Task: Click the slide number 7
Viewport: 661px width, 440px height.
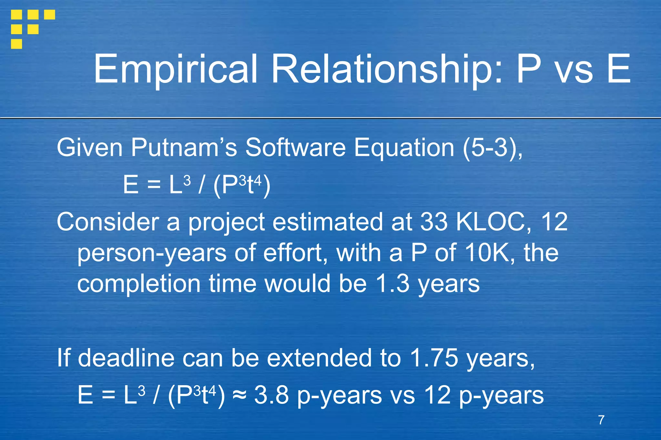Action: (x=601, y=420)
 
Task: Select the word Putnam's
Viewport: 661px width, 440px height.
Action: (x=184, y=148)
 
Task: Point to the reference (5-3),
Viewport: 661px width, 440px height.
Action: (x=493, y=148)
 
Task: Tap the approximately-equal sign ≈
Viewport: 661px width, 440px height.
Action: (x=239, y=395)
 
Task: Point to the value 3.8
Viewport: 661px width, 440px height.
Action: (x=271, y=395)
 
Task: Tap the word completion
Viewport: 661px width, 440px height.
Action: (x=139, y=284)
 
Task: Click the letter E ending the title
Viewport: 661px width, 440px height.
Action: (x=618, y=69)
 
